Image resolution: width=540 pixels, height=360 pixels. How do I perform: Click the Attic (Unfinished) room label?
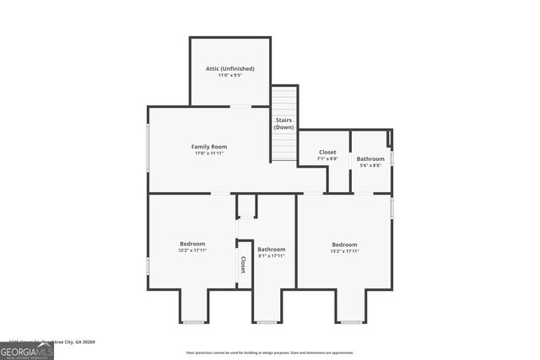point(229,68)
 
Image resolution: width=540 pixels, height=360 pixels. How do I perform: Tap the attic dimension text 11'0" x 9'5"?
point(229,75)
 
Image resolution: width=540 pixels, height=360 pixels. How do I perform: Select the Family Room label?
point(208,147)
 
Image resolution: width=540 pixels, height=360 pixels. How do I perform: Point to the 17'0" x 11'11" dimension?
point(208,153)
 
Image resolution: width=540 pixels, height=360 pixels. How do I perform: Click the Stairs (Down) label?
point(283,123)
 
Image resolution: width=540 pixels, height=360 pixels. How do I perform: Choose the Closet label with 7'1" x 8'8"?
point(327,152)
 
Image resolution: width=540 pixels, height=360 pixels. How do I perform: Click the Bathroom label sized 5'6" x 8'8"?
point(370,159)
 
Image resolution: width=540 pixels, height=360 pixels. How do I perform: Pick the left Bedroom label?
point(192,243)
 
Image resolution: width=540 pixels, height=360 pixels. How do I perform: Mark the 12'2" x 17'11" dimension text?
point(192,250)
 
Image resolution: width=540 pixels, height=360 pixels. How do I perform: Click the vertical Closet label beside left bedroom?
point(243,265)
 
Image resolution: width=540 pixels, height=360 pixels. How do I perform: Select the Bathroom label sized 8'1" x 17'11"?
point(272,249)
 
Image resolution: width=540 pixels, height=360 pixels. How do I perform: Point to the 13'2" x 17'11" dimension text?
point(344,250)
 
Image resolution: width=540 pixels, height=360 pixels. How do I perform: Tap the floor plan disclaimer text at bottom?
point(269,352)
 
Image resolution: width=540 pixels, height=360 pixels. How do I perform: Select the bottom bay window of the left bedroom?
point(193,322)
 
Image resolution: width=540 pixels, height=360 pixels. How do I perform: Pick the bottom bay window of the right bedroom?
point(351,322)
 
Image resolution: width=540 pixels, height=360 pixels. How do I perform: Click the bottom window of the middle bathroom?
point(267,322)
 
